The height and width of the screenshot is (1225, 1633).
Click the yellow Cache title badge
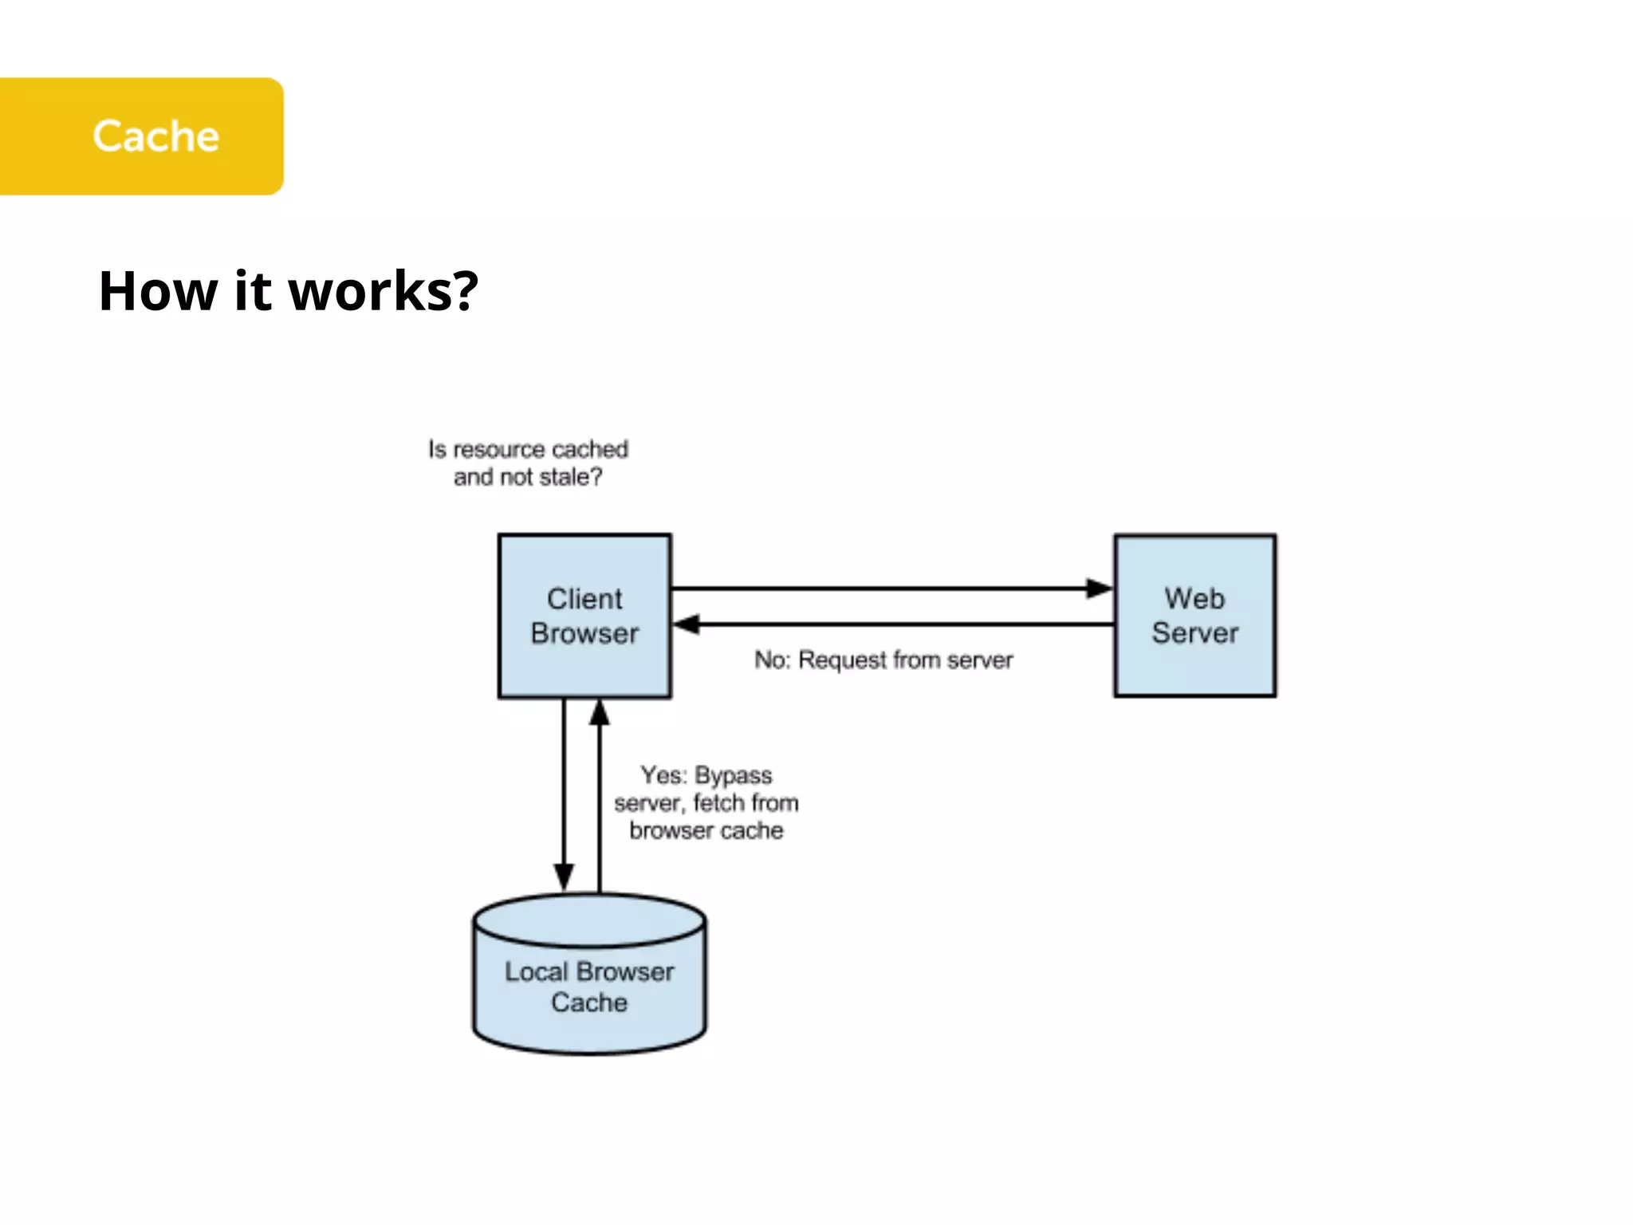(x=142, y=136)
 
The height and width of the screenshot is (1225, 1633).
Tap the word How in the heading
(x=158, y=291)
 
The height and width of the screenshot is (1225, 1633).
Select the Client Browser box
(x=584, y=616)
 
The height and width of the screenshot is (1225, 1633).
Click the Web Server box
(x=1194, y=616)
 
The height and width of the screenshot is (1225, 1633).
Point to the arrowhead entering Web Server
(x=1100, y=589)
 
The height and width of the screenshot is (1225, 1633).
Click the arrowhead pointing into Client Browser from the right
(x=687, y=624)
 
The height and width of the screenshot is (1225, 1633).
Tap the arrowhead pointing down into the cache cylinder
(x=564, y=876)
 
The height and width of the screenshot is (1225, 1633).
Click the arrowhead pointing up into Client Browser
(x=600, y=712)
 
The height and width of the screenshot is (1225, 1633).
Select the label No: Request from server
(x=883, y=660)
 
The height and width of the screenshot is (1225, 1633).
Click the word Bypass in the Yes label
(x=734, y=776)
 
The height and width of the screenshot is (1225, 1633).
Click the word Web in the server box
(x=1194, y=598)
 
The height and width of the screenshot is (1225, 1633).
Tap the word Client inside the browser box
(x=584, y=599)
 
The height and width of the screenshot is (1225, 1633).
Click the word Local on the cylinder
(x=536, y=972)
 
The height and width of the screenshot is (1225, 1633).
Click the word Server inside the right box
(x=1194, y=633)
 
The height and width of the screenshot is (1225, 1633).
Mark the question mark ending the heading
(x=465, y=291)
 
